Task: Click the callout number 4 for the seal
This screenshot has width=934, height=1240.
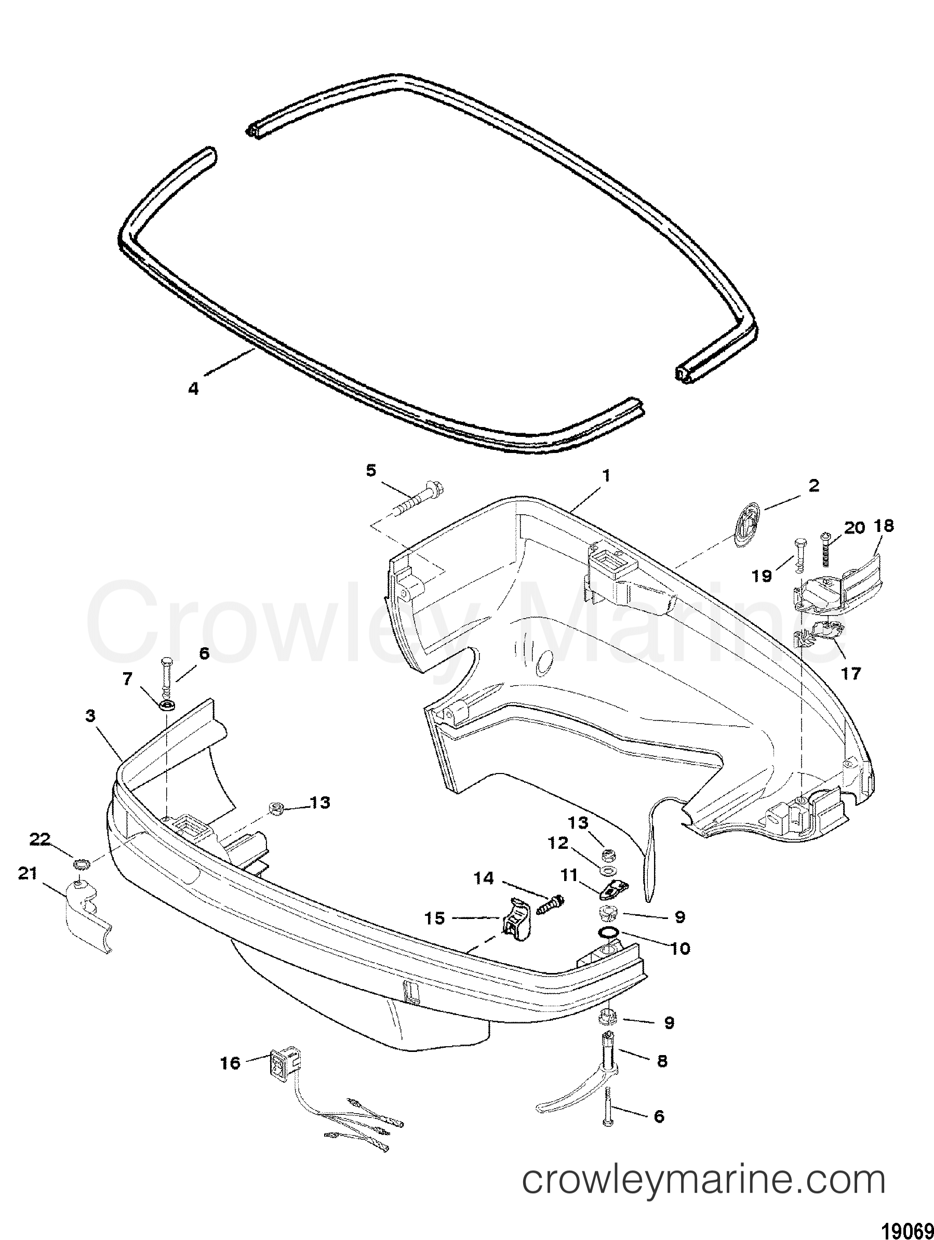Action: point(193,388)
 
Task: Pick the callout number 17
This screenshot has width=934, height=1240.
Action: point(850,673)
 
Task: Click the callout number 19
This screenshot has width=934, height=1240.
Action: point(762,575)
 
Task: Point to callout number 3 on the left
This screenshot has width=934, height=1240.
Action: point(90,716)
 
